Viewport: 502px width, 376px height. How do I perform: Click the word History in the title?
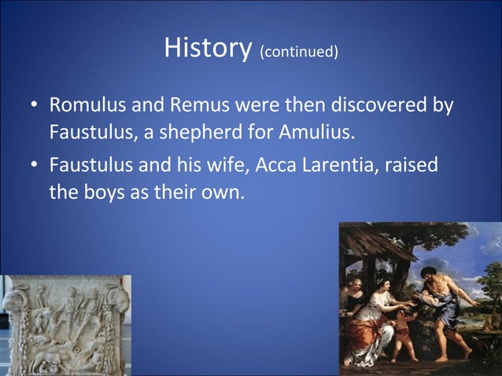207,50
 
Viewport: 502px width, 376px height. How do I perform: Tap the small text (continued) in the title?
299,53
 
